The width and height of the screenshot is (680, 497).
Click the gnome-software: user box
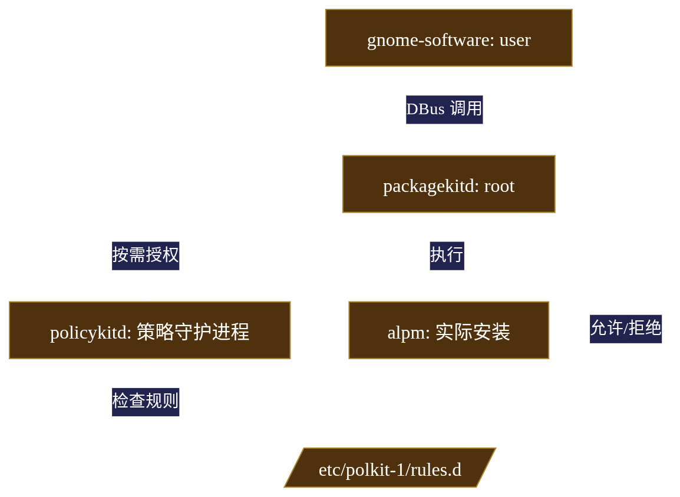(x=448, y=38)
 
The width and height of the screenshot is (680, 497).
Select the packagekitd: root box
(x=448, y=184)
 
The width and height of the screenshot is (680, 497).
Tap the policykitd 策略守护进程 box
(x=150, y=330)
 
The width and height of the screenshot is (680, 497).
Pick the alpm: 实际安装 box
(x=448, y=330)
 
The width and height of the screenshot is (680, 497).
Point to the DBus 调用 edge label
(x=444, y=110)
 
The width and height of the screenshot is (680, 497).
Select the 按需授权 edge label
(x=146, y=256)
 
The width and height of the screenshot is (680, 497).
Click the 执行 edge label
(x=447, y=256)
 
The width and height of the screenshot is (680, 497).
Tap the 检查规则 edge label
(x=146, y=402)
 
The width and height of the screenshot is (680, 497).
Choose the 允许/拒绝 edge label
(x=626, y=329)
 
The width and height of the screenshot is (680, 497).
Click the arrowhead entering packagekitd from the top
(x=448, y=151)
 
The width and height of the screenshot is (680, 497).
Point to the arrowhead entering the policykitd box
(x=150, y=297)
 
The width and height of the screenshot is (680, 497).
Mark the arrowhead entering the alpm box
(x=448, y=297)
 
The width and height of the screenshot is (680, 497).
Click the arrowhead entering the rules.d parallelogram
(x=312, y=446)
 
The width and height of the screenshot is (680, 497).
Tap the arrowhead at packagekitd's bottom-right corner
(x=523, y=216)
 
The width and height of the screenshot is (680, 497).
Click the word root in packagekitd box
(x=499, y=186)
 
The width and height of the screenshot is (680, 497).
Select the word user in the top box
(x=515, y=40)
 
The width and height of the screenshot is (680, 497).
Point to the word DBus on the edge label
(x=425, y=110)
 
